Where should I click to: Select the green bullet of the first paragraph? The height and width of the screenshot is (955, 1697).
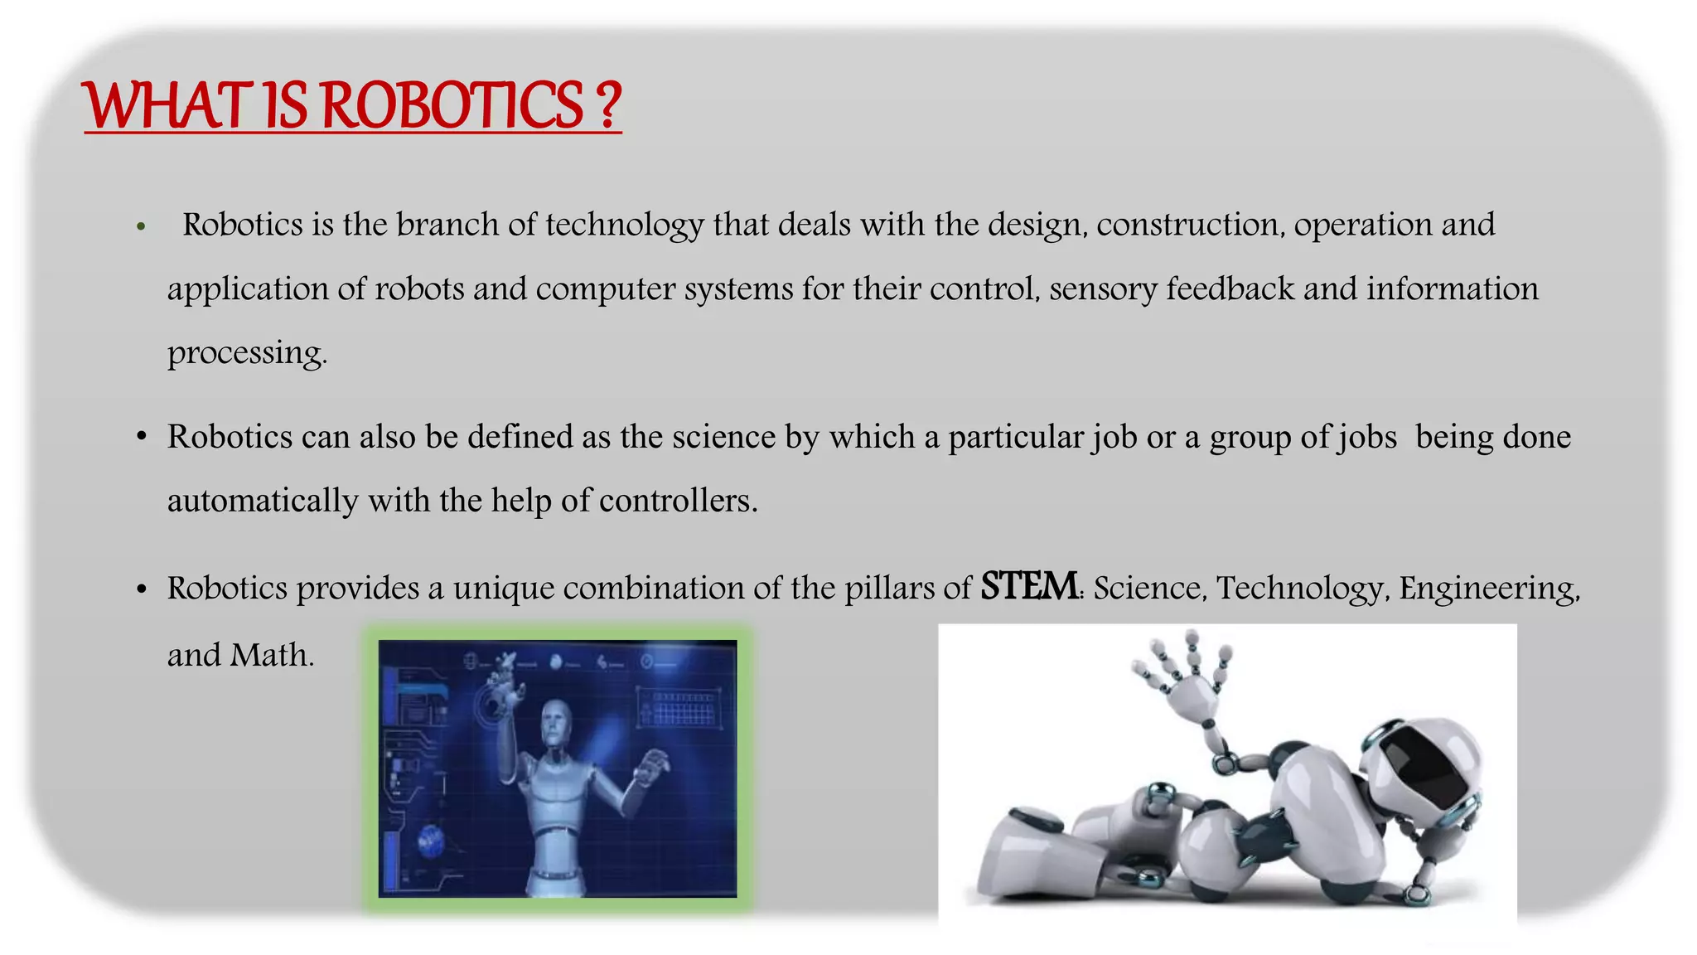(x=142, y=226)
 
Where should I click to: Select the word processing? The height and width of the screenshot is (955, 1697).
(x=246, y=353)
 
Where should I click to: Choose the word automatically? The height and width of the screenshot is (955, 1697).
(x=263, y=501)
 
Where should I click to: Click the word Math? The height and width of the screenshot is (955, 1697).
(x=271, y=655)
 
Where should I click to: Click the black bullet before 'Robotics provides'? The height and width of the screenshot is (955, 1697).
(x=142, y=589)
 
